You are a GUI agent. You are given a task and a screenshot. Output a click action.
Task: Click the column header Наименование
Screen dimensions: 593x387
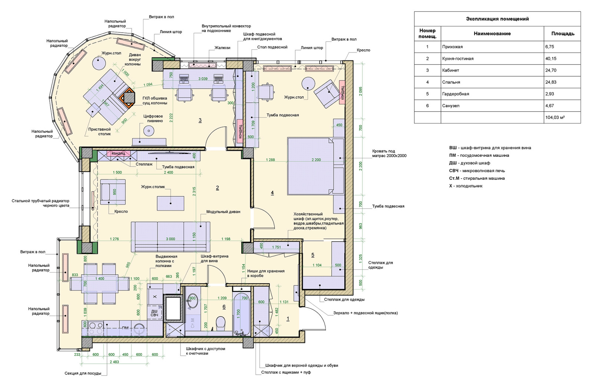point(492,34)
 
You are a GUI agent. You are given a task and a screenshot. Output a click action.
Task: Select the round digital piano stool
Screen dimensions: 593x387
point(149,131)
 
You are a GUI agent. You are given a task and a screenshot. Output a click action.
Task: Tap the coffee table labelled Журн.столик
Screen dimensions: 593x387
point(170,203)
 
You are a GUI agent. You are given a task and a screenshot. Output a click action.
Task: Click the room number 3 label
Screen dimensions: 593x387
point(200,120)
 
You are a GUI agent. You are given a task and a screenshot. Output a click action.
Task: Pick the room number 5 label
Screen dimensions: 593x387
point(313,255)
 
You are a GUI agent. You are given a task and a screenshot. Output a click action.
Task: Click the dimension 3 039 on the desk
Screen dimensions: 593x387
point(203,79)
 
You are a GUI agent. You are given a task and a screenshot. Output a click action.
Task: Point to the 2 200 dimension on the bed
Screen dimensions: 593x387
point(316,160)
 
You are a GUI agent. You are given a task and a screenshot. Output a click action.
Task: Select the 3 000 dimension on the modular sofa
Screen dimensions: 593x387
point(170,239)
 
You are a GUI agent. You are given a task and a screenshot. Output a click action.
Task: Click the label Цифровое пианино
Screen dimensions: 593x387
point(153,119)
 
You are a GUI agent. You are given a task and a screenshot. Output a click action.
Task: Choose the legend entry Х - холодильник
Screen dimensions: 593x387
point(466,186)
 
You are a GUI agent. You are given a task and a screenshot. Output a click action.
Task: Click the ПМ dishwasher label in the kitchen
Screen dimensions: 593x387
point(126,328)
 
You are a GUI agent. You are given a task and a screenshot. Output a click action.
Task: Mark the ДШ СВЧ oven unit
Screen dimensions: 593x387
point(154,313)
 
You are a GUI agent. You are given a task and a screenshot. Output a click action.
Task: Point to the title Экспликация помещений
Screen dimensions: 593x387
point(497,19)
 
